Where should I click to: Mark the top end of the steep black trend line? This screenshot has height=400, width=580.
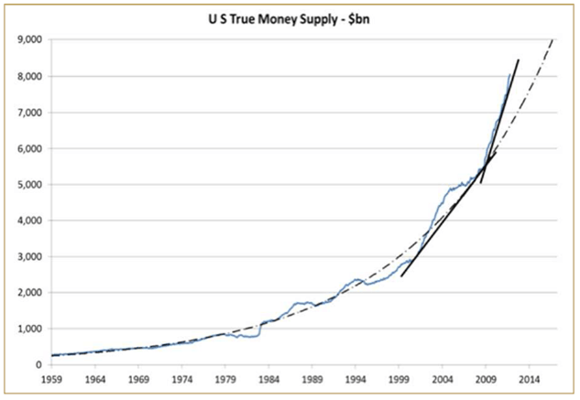click(519, 59)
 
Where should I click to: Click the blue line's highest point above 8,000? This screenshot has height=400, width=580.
click(510, 75)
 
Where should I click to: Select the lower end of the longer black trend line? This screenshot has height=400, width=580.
click(401, 276)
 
